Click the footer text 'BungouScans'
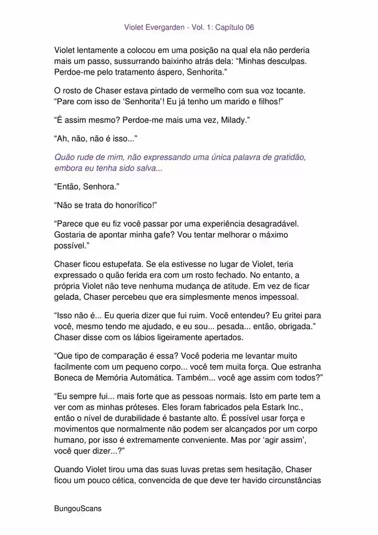(x=78, y=508)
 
